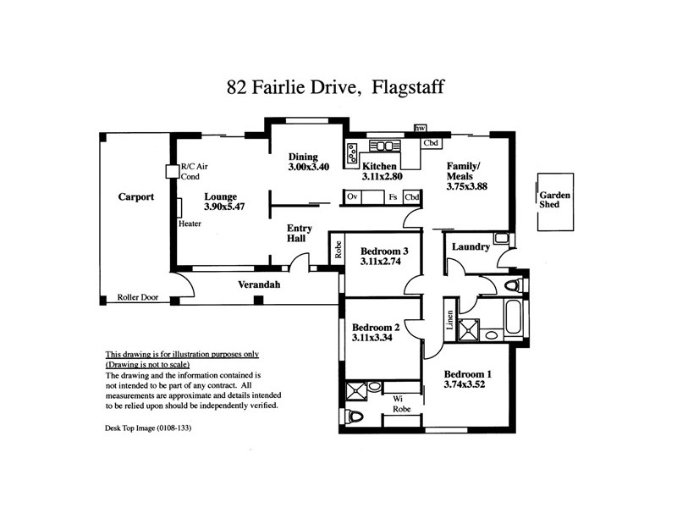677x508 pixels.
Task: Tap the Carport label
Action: pyautogui.click(x=135, y=196)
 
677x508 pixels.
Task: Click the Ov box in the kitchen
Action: pyautogui.click(x=353, y=196)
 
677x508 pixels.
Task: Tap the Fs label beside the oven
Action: pyautogui.click(x=393, y=196)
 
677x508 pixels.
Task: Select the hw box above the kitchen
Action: pyautogui.click(x=420, y=129)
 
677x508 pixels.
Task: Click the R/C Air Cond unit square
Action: pyautogui.click(x=173, y=171)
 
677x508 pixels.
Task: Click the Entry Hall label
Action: pyautogui.click(x=300, y=235)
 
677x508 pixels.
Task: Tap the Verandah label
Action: pyautogui.click(x=258, y=284)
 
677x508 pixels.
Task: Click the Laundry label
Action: pyautogui.click(x=471, y=247)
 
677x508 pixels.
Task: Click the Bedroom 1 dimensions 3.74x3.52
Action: pyautogui.click(x=465, y=384)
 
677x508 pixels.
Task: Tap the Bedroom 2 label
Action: pyautogui.click(x=375, y=328)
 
